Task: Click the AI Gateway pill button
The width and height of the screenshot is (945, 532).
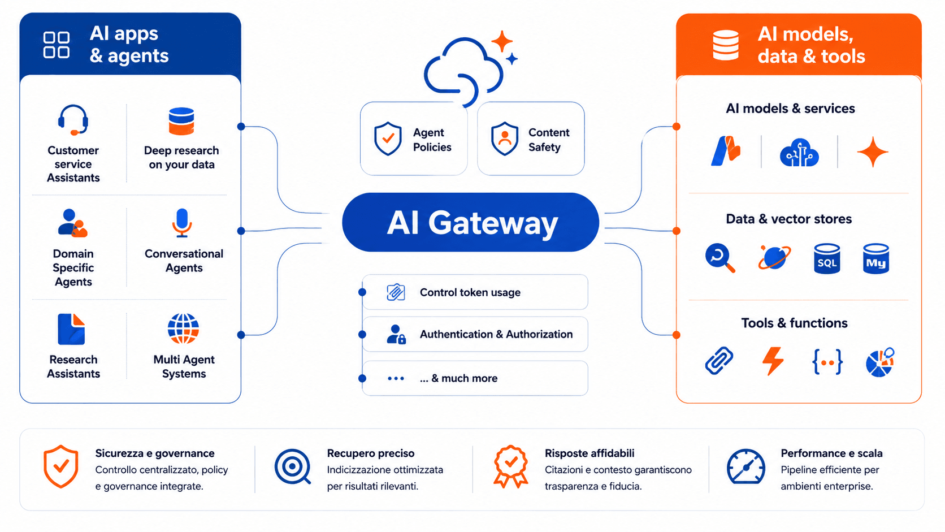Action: click(x=470, y=222)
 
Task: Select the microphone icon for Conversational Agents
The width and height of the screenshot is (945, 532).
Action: click(x=182, y=223)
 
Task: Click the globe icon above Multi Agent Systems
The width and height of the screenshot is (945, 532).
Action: click(x=183, y=328)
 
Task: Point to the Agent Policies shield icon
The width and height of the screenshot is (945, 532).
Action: click(x=388, y=139)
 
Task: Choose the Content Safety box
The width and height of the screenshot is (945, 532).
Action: click(x=531, y=139)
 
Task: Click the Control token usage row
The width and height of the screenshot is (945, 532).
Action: click(x=475, y=292)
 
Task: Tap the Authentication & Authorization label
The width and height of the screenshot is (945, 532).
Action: click(x=496, y=334)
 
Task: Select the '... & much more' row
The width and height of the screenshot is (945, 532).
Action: click(x=475, y=378)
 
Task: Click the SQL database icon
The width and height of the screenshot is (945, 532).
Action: click(x=827, y=258)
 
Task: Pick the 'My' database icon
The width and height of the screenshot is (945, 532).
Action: click(x=876, y=258)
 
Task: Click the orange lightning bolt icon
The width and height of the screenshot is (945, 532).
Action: click(x=773, y=361)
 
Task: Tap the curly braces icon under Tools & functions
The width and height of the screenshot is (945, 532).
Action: click(x=827, y=362)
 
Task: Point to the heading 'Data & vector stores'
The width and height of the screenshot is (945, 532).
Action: click(x=788, y=219)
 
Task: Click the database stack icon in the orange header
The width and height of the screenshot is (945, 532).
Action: click(x=726, y=45)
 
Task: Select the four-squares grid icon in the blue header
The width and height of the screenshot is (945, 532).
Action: click(x=57, y=44)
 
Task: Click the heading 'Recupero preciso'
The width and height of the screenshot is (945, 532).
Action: click(x=370, y=453)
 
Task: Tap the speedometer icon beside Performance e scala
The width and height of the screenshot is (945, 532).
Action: click(x=746, y=466)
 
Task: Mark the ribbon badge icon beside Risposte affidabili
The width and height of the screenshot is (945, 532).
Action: click(x=510, y=466)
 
